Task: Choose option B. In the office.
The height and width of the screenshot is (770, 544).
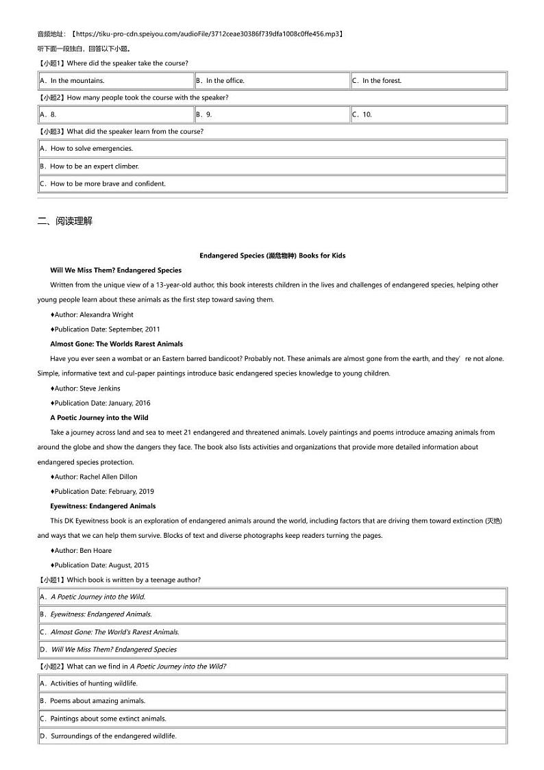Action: (x=220, y=81)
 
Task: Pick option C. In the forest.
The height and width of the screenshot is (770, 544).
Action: (x=377, y=81)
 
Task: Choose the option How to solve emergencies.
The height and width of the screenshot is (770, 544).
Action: (x=86, y=149)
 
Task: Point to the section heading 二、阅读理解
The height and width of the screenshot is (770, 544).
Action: (x=64, y=221)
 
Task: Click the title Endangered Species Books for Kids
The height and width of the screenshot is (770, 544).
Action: (x=272, y=256)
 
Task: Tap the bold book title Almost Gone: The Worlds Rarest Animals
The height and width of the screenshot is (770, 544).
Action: (x=116, y=344)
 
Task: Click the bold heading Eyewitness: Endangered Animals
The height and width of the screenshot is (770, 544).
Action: (x=103, y=506)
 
